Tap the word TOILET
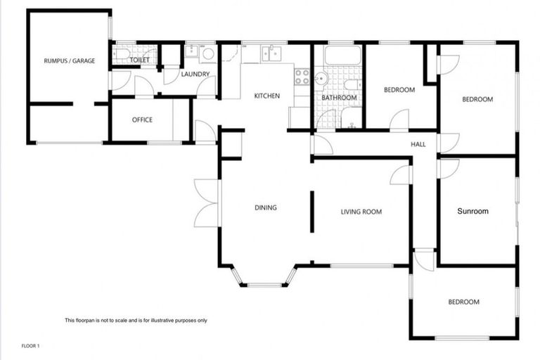tap(140, 60)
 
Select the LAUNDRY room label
tap(192, 75)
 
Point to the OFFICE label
tap(142, 120)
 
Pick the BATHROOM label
tap(339, 98)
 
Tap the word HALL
tap(418, 144)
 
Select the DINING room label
tap(266, 207)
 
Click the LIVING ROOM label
tap(361, 212)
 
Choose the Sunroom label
tap(472, 211)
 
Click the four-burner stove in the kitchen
tap(302, 77)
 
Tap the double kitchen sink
tap(270, 53)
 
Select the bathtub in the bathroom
tap(342, 54)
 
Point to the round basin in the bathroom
tap(322, 78)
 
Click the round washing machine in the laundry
tap(208, 53)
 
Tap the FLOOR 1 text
tap(31, 346)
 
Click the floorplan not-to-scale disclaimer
tap(136, 321)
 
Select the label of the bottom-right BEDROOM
tap(463, 302)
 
